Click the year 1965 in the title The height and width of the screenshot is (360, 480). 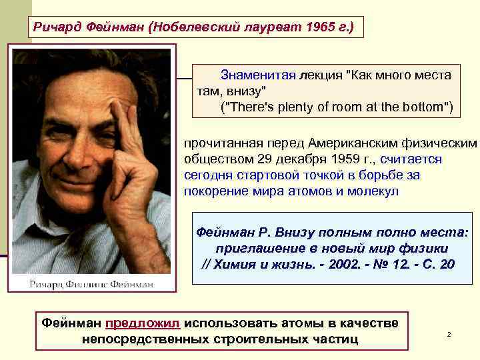pyautogui.click(x=317, y=27)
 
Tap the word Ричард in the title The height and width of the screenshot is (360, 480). pyautogui.click(x=58, y=27)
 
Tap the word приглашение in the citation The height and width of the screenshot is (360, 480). pyautogui.click(x=256, y=248)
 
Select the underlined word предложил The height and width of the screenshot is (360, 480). pyautogui.click(x=142, y=323)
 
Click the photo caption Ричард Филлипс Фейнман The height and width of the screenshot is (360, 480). pyautogui.click(x=91, y=284)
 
